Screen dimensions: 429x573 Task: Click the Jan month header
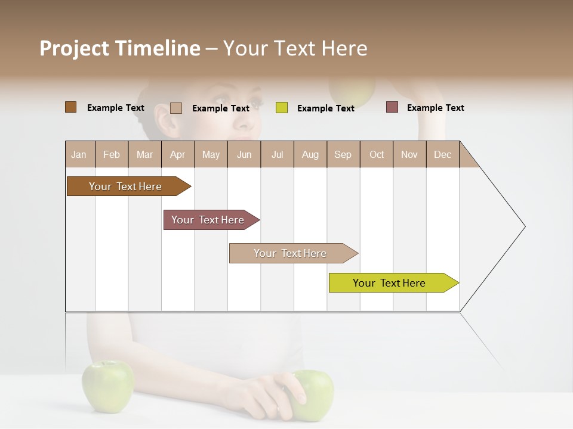(79, 155)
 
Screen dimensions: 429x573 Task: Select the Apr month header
(178, 155)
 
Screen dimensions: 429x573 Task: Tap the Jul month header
(277, 155)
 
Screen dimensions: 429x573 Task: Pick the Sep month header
(343, 155)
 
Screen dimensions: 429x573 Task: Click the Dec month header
(442, 155)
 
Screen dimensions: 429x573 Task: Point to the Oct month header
(377, 155)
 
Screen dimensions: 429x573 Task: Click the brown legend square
(71, 107)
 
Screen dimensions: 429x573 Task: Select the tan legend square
(176, 108)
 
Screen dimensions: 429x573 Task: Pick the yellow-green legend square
(282, 108)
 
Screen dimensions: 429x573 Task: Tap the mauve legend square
(392, 107)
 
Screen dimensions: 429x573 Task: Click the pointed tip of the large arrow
(523, 226)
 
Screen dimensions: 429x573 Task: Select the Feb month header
(112, 155)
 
